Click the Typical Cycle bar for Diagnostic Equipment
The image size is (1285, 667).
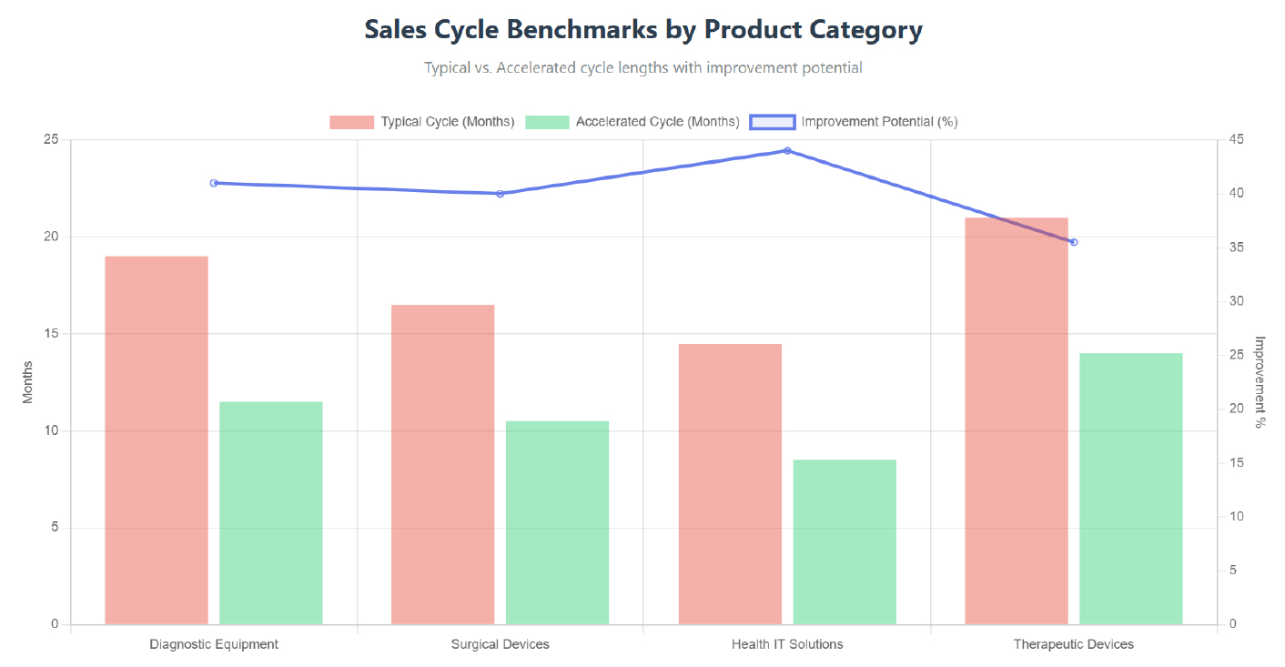157,440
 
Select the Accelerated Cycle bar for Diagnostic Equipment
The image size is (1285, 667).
271,513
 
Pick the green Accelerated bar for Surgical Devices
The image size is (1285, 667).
557,522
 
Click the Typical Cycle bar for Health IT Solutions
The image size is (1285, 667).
730,484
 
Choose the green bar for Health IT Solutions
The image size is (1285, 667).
845,542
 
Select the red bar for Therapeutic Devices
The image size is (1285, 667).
1017,421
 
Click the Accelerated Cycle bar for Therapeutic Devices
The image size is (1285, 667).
1131,489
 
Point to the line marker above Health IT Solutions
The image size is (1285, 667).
787,150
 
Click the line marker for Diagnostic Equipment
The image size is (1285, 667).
214,183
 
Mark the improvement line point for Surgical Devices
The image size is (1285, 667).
501,194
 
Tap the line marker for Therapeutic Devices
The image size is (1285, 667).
1074,242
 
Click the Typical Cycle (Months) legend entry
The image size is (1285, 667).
422,122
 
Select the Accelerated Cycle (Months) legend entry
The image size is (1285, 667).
632,122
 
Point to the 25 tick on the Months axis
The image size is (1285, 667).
50,140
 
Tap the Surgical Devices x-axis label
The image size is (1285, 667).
501,644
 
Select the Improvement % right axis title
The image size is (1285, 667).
1260,382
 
